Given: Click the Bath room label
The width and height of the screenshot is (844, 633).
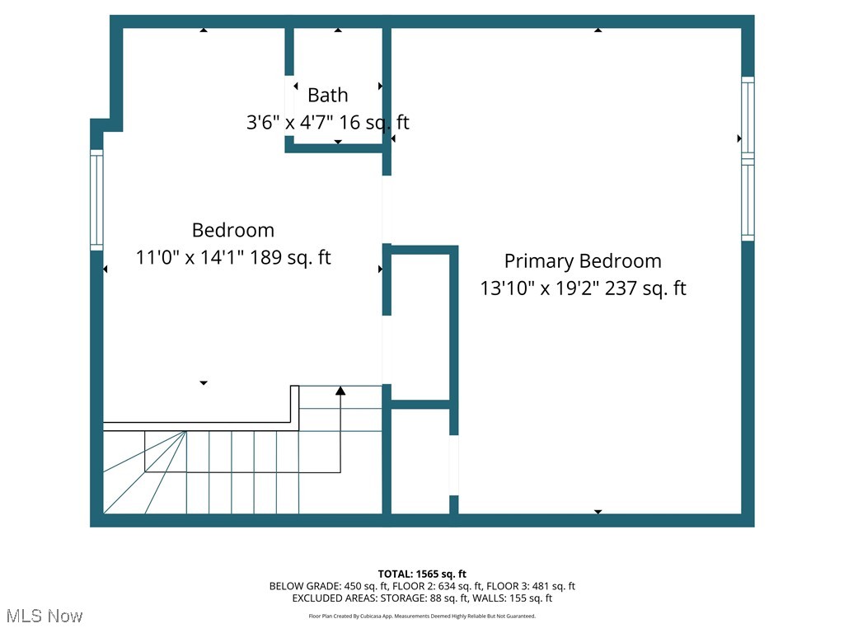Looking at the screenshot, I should [x=328, y=95].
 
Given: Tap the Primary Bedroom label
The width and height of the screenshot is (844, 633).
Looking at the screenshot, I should [x=583, y=261].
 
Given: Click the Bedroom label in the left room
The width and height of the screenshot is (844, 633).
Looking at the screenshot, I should [x=233, y=230].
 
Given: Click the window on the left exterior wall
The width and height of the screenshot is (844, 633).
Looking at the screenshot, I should [x=96, y=200].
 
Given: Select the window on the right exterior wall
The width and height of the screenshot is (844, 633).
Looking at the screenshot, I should [x=748, y=158].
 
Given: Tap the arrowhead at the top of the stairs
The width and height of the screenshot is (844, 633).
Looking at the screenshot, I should [x=340, y=390].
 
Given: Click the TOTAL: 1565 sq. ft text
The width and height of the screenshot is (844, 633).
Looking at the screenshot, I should [x=422, y=574].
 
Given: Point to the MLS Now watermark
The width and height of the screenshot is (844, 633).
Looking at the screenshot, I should [x=45, y=616].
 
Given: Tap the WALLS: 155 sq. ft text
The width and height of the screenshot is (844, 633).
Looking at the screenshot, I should [x=519, y=598].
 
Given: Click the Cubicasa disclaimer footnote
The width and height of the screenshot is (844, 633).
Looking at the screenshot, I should [x=422, y=616].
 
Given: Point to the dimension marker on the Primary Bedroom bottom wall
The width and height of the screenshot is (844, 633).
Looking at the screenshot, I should [x=598, y=512].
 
